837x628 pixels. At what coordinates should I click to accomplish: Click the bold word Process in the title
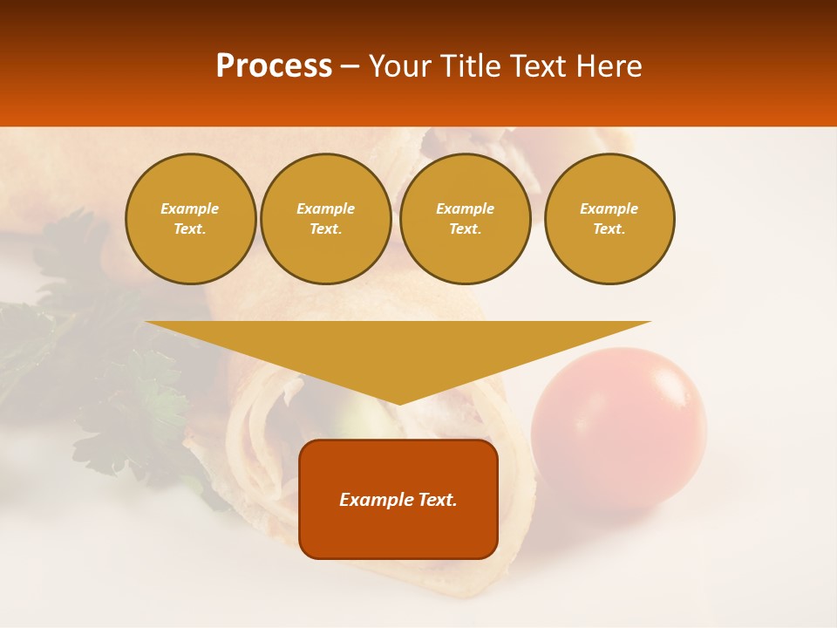(274, 66)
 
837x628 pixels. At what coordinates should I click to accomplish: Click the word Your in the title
(400, 66)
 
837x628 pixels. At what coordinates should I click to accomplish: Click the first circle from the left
(190, 219)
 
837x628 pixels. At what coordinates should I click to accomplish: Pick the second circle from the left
(326, 219)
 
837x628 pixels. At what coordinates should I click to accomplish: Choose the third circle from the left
(466, 219)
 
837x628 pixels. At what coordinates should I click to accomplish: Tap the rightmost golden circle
(609, 219)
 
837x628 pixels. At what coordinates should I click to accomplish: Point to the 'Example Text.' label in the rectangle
(398, 500)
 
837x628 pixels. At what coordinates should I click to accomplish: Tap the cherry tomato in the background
(618, 427)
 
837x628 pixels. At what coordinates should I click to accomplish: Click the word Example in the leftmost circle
(190, 208)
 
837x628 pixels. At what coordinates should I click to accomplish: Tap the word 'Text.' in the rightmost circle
(609, 229)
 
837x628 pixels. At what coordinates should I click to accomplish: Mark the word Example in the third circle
(466, 208)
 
